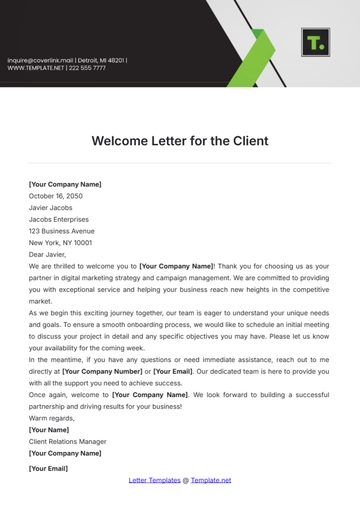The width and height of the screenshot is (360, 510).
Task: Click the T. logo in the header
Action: pyautogui.click(x=315, y=43)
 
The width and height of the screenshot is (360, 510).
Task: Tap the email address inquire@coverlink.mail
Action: pyautogui.click(x=46, y=60)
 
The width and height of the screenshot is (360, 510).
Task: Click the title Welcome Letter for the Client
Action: pyautogui.click(x=180, y=141)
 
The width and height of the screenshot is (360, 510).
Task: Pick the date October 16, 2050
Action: pyautogui.click(x=56, y=196)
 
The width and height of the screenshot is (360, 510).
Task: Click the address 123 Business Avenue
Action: pyautogui.click(x=62, y=231)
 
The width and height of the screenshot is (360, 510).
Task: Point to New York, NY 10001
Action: pyautogui.click(x=60, y=243)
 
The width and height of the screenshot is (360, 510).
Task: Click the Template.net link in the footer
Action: pyautogui.click(x=211, y=480)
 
